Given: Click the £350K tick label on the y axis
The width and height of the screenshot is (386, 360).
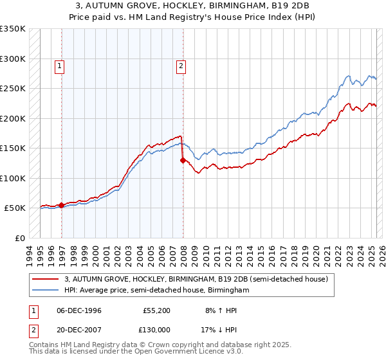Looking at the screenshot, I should [13, 29].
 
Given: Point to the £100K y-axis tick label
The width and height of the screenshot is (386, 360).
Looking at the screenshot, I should [13, 178].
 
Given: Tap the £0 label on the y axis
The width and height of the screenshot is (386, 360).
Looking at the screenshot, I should [19, 238].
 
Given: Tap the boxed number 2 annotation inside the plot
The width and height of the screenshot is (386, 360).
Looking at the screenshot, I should [181, 65].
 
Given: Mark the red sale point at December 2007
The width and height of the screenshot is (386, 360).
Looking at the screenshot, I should [183, 160].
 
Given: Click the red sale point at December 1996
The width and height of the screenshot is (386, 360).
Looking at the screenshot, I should [62, 205].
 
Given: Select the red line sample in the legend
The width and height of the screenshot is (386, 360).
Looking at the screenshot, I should [46, 279].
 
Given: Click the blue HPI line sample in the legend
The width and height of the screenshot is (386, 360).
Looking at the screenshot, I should [46, 291].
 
